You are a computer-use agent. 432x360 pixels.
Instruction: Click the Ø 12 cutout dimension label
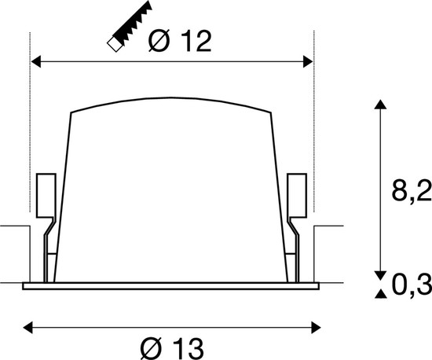(180, 41)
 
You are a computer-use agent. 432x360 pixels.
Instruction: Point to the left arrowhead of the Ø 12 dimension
(35, 60)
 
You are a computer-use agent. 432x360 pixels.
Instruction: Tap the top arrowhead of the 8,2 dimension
(380, 105)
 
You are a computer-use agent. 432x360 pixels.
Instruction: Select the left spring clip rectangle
(45, 193)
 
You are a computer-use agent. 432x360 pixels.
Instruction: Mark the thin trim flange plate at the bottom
(172, 285)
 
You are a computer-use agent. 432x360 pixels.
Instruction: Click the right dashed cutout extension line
(314, 126)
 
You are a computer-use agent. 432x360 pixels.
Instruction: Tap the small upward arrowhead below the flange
(380, 294)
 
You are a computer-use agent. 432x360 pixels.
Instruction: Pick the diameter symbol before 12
(157, 41)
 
